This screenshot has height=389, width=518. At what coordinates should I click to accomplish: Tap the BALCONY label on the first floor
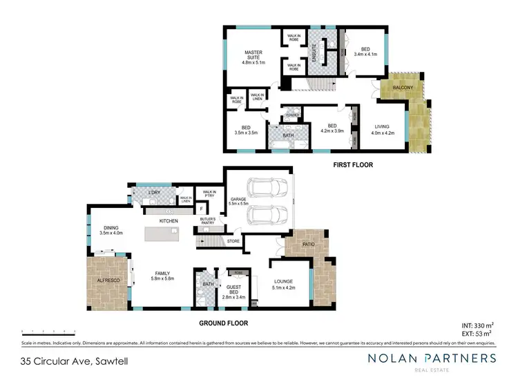(x=403, y=88)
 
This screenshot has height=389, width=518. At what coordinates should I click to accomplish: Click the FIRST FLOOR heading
(x=353, y=165)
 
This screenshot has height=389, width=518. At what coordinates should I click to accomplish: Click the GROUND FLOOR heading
(x=223, y=322)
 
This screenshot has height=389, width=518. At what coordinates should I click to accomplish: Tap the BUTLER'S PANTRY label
(x=208, y=222)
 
